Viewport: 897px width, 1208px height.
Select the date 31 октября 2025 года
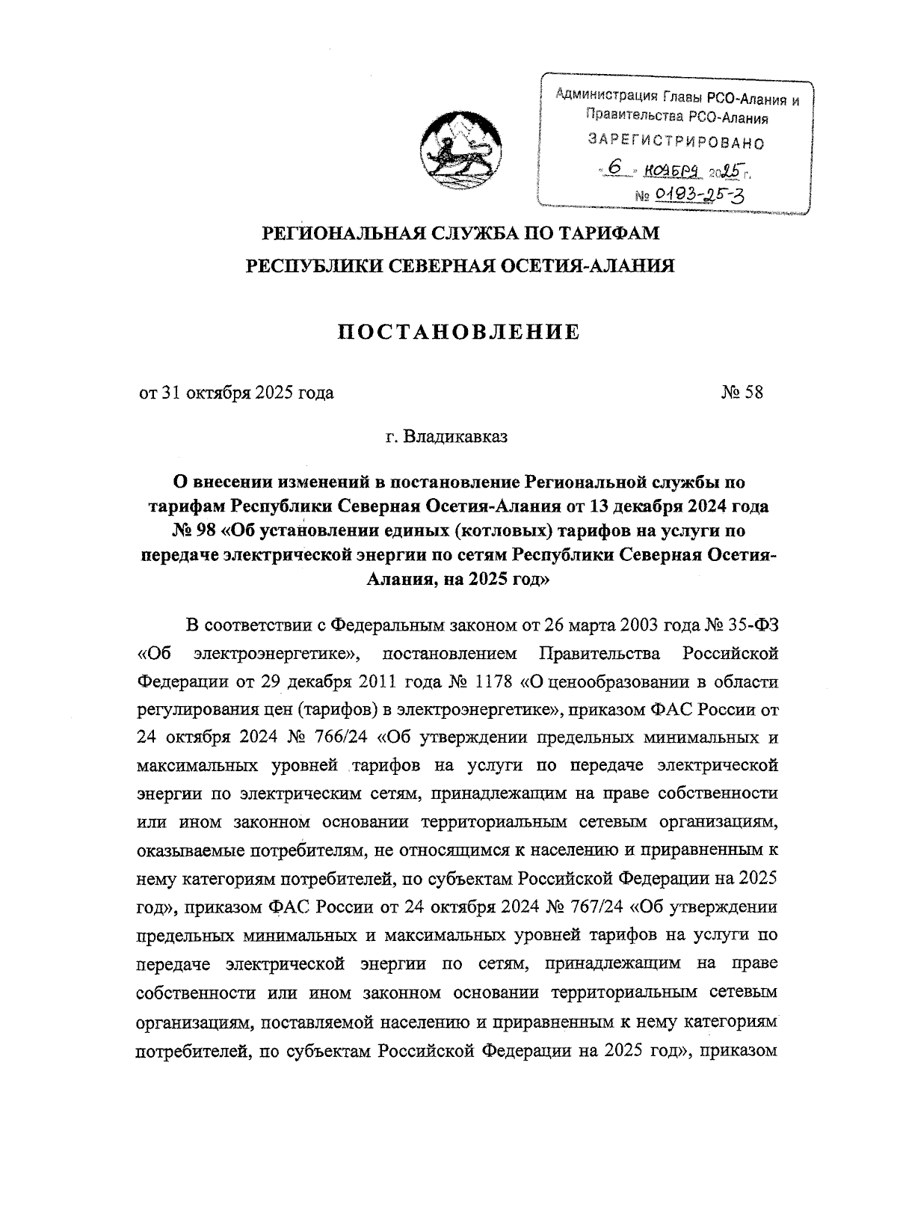247,392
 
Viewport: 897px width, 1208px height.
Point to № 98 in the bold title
192,530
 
